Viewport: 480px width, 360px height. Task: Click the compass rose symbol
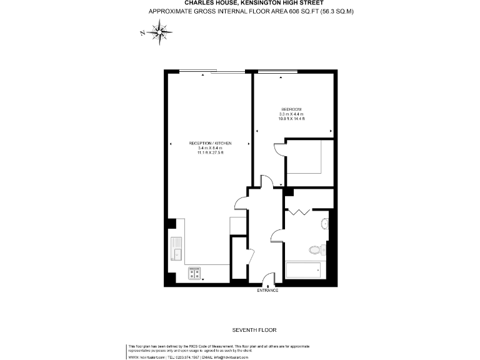[x=162, y=31]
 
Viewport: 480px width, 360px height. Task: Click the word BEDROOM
[x=292, y=109]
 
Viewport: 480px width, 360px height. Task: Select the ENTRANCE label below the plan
[x=267, y=291]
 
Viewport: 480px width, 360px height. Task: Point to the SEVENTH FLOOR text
[x=254, y=329]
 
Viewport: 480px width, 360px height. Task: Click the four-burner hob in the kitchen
[x=195, y=273]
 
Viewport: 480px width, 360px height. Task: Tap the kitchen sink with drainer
[x=177, y=249]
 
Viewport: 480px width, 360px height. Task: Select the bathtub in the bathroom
[x=304, y=271]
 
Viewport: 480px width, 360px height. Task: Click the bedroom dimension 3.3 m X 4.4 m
[x=292, y=114]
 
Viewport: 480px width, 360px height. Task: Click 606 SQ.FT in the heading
[x=300, y=11]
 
